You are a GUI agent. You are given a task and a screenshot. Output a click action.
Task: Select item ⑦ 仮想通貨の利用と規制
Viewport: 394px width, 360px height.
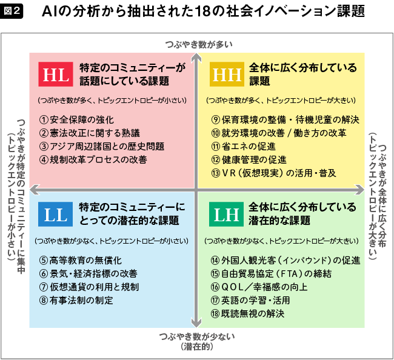(89, 286)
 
